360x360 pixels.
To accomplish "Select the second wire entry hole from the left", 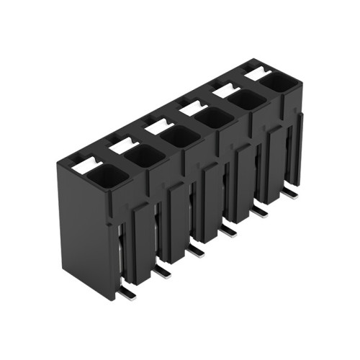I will point(144,155).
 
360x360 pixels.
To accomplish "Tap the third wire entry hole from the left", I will point(177,136).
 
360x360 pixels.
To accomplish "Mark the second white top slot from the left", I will point(123,144).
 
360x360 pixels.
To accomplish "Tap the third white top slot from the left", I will point(156,126).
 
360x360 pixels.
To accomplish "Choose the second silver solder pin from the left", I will point(162,271).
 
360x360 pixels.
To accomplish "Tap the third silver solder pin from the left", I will point(195,250).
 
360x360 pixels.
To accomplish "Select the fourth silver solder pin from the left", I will point(229,230).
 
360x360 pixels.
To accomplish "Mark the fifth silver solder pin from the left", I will point(261,211).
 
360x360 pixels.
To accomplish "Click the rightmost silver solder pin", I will point(292,192).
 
